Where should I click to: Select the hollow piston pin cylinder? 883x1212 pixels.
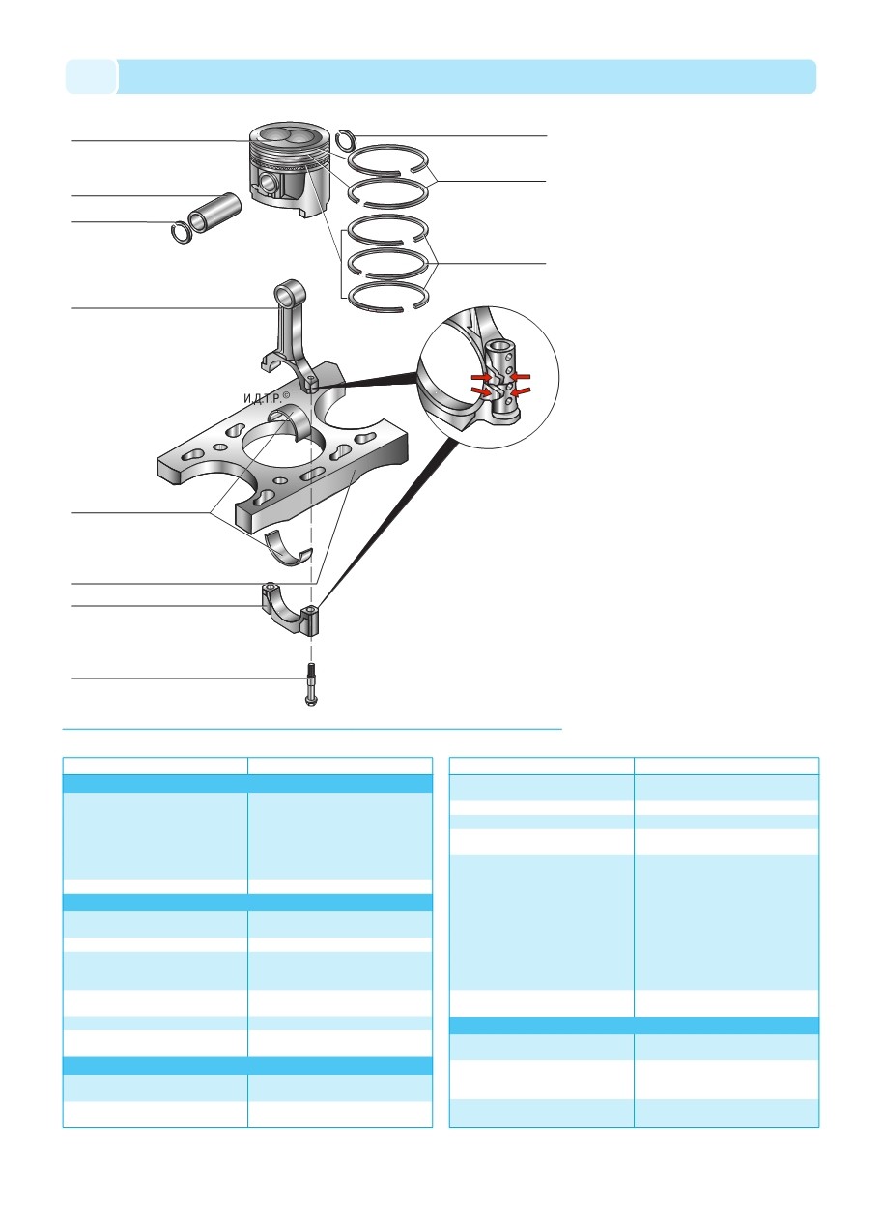coord(214,214)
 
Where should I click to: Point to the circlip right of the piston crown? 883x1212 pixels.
coord(345,141)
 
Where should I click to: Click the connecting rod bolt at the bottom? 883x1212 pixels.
coord(311,684)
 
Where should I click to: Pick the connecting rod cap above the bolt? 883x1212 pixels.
coord(291,613)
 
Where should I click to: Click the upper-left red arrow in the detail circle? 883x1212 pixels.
coord(481,376)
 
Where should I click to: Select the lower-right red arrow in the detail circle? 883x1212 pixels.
coord(521,391)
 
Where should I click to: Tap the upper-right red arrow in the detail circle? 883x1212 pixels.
coord(522,376)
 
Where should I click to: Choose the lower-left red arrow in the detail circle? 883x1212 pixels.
coord(481,391)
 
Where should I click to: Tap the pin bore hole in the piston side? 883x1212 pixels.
coord(266,183)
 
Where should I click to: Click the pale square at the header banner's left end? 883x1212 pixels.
coord(91,76)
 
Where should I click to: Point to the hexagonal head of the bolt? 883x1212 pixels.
coord(311,702)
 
